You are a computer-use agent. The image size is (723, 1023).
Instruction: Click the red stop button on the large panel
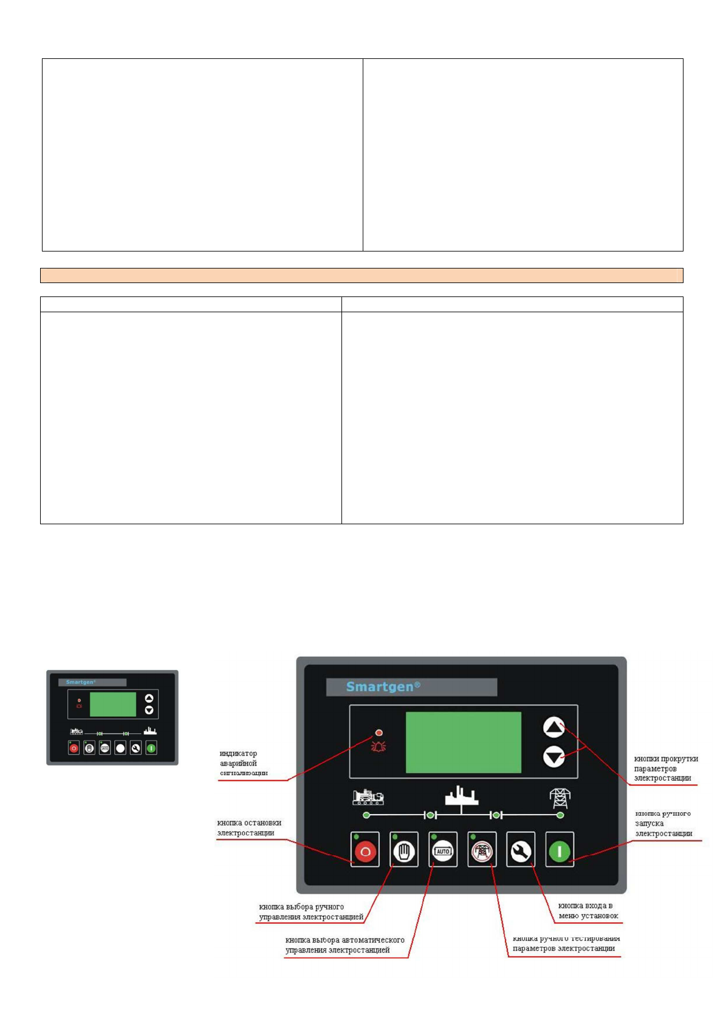[365, 850]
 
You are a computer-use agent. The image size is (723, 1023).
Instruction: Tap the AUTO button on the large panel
[443, 850]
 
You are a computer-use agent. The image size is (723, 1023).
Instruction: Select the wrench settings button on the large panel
[521, 850]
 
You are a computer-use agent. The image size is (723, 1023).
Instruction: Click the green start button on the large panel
[560, 850]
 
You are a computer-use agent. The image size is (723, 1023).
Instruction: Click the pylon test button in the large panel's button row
[482, 850]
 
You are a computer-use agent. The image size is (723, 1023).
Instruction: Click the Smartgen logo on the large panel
[383, 686]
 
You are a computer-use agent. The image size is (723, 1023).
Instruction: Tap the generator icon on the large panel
[368, 796]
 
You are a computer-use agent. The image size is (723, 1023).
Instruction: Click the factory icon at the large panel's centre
[462, 796]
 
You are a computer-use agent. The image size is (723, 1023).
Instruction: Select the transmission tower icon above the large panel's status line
[560, 797]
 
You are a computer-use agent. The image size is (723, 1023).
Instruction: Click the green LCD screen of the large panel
[463, 742]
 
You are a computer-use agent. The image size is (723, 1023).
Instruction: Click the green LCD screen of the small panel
[113, 704]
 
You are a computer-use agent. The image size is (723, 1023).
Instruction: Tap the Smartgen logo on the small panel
[81, 682]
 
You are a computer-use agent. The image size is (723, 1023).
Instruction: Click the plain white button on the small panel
[120, 748]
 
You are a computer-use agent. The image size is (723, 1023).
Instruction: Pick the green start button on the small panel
[151, 748]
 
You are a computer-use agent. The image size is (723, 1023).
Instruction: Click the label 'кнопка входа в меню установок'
[588, 911]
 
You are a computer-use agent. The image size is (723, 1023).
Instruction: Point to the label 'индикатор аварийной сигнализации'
[243, 763]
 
